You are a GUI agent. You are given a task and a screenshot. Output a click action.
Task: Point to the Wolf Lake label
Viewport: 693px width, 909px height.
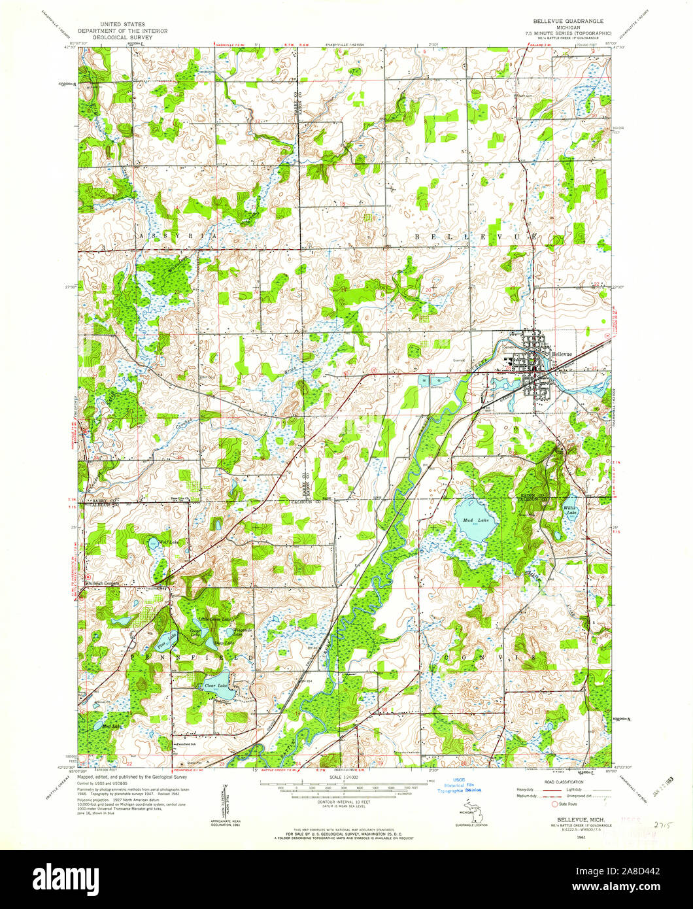(x=152, y=542)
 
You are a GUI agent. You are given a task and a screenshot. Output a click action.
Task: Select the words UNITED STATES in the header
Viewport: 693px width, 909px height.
(x=122, y=24)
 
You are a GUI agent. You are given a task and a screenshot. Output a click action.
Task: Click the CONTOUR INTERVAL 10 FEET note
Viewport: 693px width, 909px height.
(x=346, y=802)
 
